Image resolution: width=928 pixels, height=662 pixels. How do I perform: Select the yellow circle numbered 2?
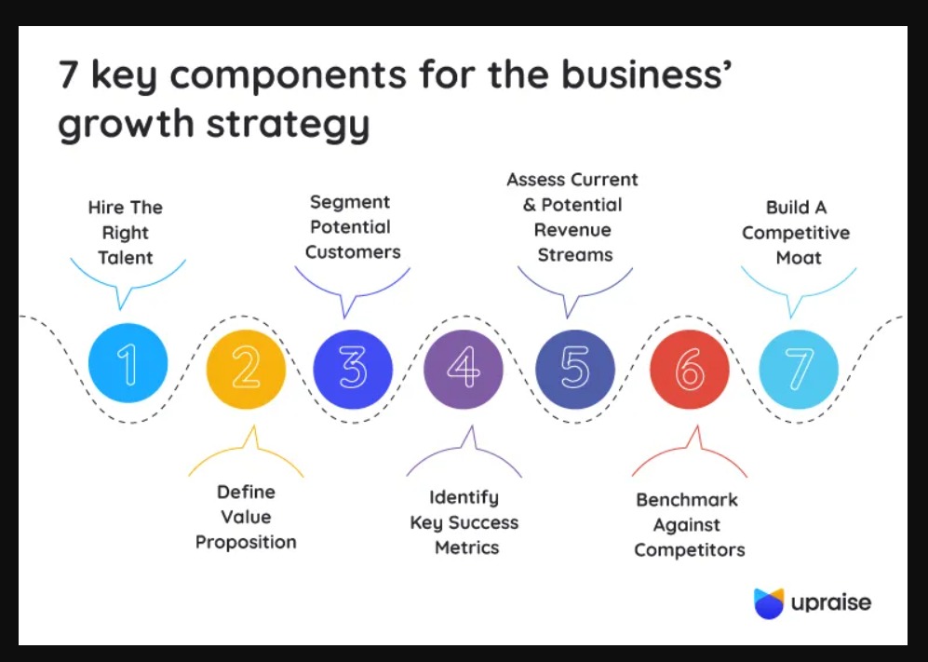click(x=245, y=370)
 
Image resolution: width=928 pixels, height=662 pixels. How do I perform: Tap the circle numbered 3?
click(x=353, y=370)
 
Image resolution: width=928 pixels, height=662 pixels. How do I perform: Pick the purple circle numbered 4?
click(x=463, y=370)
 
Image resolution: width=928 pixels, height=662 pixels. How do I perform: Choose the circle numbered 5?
click(x=575, y=370)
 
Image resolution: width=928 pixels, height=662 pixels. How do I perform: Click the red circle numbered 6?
click(x=689, y=370)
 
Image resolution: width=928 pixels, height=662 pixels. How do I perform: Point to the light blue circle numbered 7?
click(x=799, y=370)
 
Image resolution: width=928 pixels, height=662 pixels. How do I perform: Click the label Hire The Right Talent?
click(x=125, y=233)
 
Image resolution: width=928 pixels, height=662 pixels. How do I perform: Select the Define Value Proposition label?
click(x=246, y=516)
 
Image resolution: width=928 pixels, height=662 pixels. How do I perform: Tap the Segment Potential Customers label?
click(x=353, y=227)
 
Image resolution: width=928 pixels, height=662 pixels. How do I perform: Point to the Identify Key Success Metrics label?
click(x=464, y=522)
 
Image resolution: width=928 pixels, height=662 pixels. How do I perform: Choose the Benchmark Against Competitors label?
click(x=689, y=525)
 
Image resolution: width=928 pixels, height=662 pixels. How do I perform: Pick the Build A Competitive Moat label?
click(x=797, y=233)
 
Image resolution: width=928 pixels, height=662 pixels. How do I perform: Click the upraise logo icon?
click(x=769, y=603)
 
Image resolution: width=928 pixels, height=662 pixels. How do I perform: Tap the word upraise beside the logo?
click(x=831, y=603)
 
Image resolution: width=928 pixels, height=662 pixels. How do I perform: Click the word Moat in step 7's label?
click(x=798, y=258)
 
